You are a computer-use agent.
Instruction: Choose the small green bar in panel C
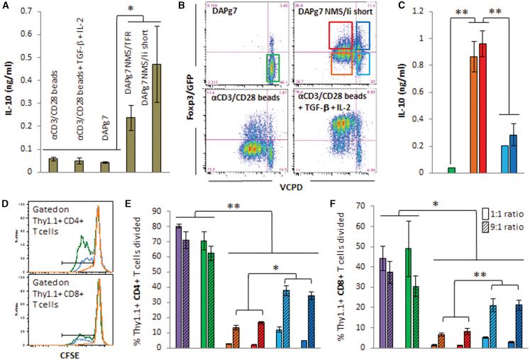[x=451, y=170]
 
